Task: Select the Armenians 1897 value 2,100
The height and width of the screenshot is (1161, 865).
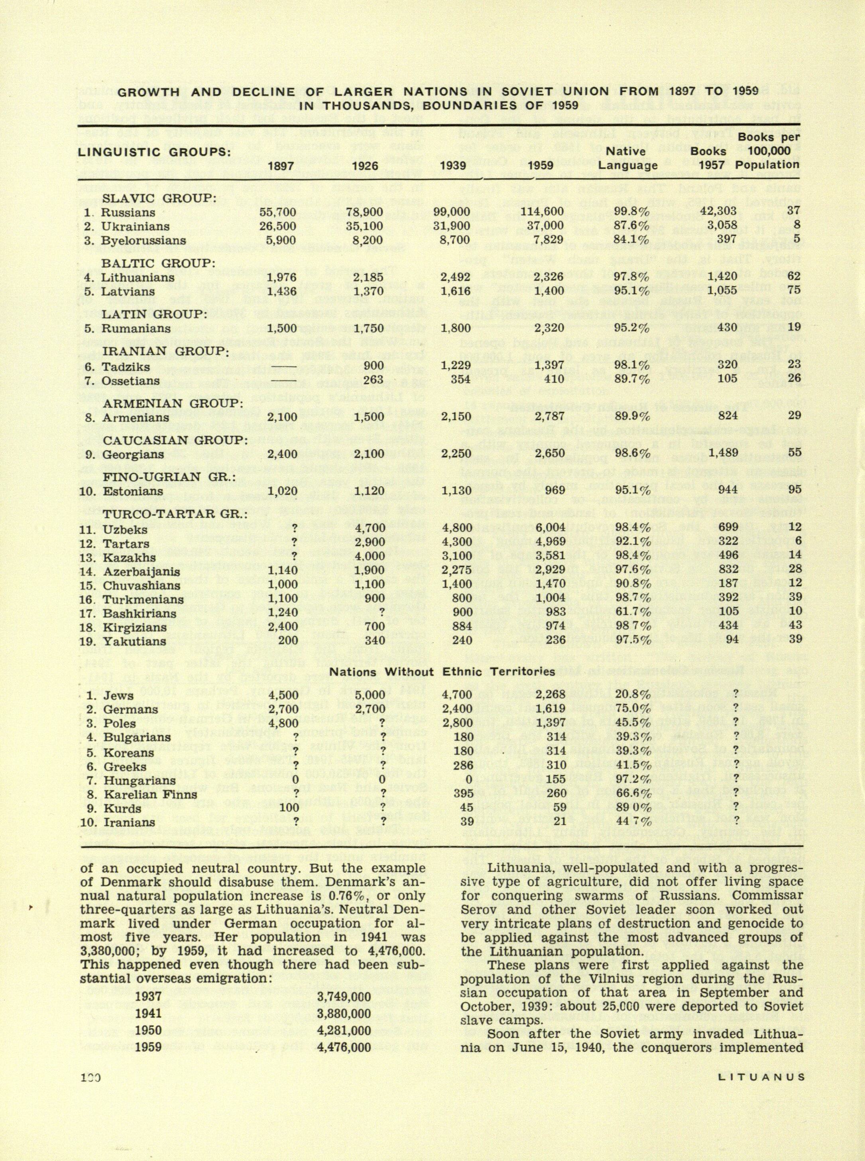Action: point(281,417)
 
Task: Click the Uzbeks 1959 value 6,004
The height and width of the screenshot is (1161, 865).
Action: point(548,529)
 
